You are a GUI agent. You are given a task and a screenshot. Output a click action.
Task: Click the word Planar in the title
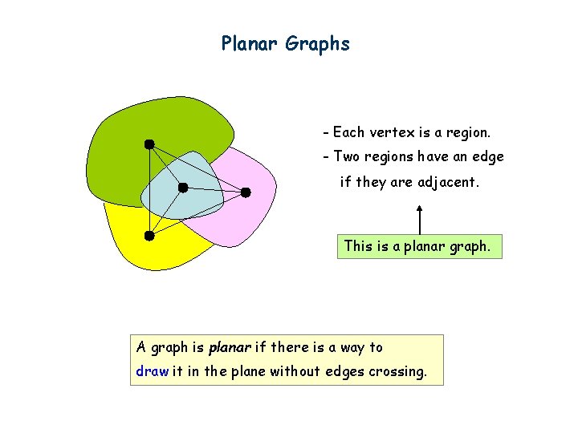click(x=250, y=43)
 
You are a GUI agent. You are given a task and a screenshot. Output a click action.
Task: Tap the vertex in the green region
click(x=149, y=144)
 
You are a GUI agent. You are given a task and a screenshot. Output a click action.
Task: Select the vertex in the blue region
click(x=183, y=188)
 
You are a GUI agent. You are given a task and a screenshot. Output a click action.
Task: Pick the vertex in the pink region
click(x=246, y=192)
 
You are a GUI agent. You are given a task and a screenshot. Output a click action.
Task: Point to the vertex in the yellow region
click(x=149, y=236)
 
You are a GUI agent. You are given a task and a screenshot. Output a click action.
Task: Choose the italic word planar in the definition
click(x=230, y=347)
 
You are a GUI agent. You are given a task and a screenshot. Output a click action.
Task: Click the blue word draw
click(x=153, y=371)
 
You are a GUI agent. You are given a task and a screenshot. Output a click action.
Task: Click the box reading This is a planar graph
click(x=418, y=246)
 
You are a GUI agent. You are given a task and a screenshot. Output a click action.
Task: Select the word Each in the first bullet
click(x=348, y=132)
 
